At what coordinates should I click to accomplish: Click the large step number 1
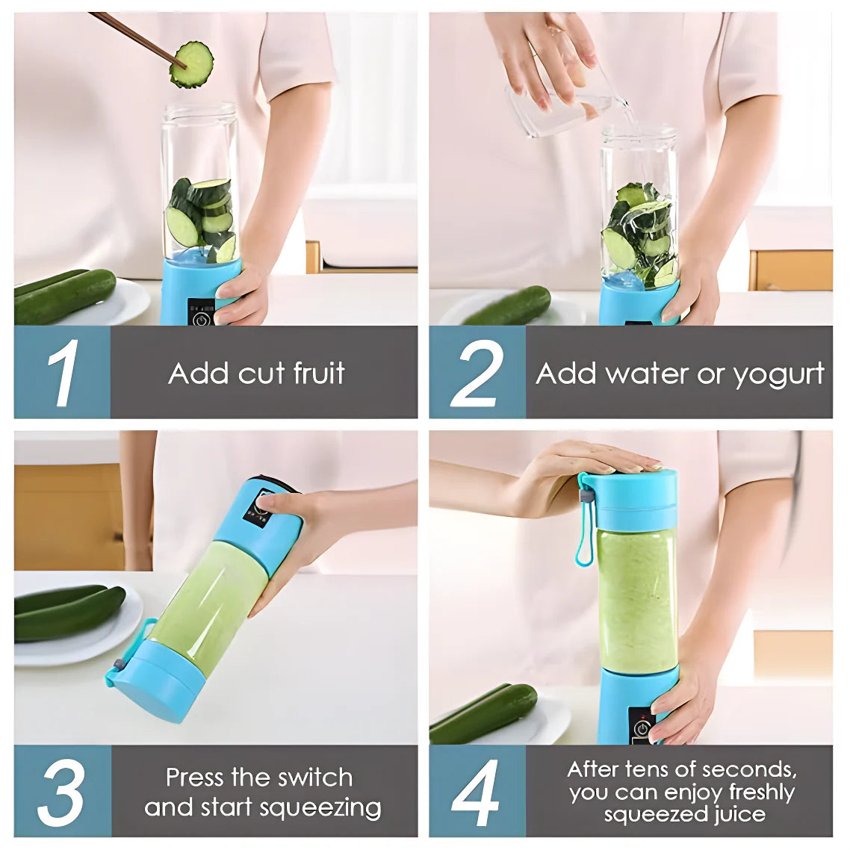[64, 373]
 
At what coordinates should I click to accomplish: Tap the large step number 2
[477, 373]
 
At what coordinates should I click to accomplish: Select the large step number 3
[62, 792]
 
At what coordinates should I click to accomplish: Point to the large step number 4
[475, 792]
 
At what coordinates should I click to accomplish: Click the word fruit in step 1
[319, 373]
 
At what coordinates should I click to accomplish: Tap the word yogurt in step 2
[779, 375]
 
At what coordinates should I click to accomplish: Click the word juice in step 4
[739, 814]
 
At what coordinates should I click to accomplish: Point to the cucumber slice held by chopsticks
[191, 65]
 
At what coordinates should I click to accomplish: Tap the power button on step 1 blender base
[201, 320]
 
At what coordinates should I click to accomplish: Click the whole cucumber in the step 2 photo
[507, 306]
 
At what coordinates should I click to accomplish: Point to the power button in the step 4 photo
[642, 728]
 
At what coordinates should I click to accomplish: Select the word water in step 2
[648, 373]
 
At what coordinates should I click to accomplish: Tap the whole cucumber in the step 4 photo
[483, 713]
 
